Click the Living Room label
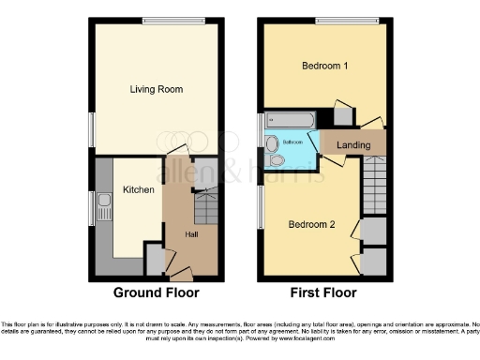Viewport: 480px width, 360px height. click(156, 89)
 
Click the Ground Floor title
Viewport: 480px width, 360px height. click(157, 292)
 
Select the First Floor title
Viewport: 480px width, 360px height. click(323, 292)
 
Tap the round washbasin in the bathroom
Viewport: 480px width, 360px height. click(272, 143)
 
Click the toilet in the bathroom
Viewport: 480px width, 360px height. click(276, 160)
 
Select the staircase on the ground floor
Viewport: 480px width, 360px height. click(205, 205)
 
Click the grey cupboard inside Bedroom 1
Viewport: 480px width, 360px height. click(342, 117)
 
